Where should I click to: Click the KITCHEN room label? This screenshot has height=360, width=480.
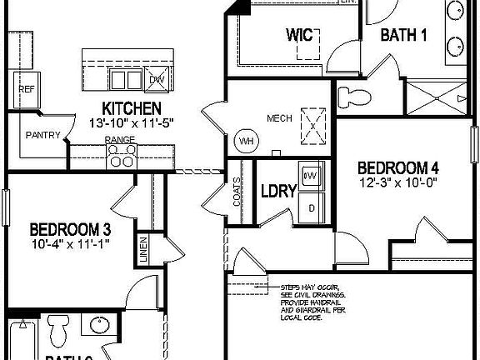click(x=131, y=108)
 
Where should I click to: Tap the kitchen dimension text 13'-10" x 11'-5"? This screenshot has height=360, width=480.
click(x=131, y=122)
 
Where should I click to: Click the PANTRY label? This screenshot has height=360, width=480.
click(x=41, y=135)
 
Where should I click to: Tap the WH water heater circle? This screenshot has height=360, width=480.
click(x=247, y=140)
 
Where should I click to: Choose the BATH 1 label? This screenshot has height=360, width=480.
click(x=404, y=35)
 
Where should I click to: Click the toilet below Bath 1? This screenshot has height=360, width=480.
click(x=357, y=95)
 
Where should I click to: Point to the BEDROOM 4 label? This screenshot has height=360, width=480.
click(x=398, y=166)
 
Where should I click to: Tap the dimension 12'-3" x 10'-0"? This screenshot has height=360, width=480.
click(x=398, y=181)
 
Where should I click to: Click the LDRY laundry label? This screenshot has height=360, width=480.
click(x=278, y=191)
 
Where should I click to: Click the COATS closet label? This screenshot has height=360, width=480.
click(x=237, y=192)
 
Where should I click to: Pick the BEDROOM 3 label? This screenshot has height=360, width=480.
click(x=70, y=229)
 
